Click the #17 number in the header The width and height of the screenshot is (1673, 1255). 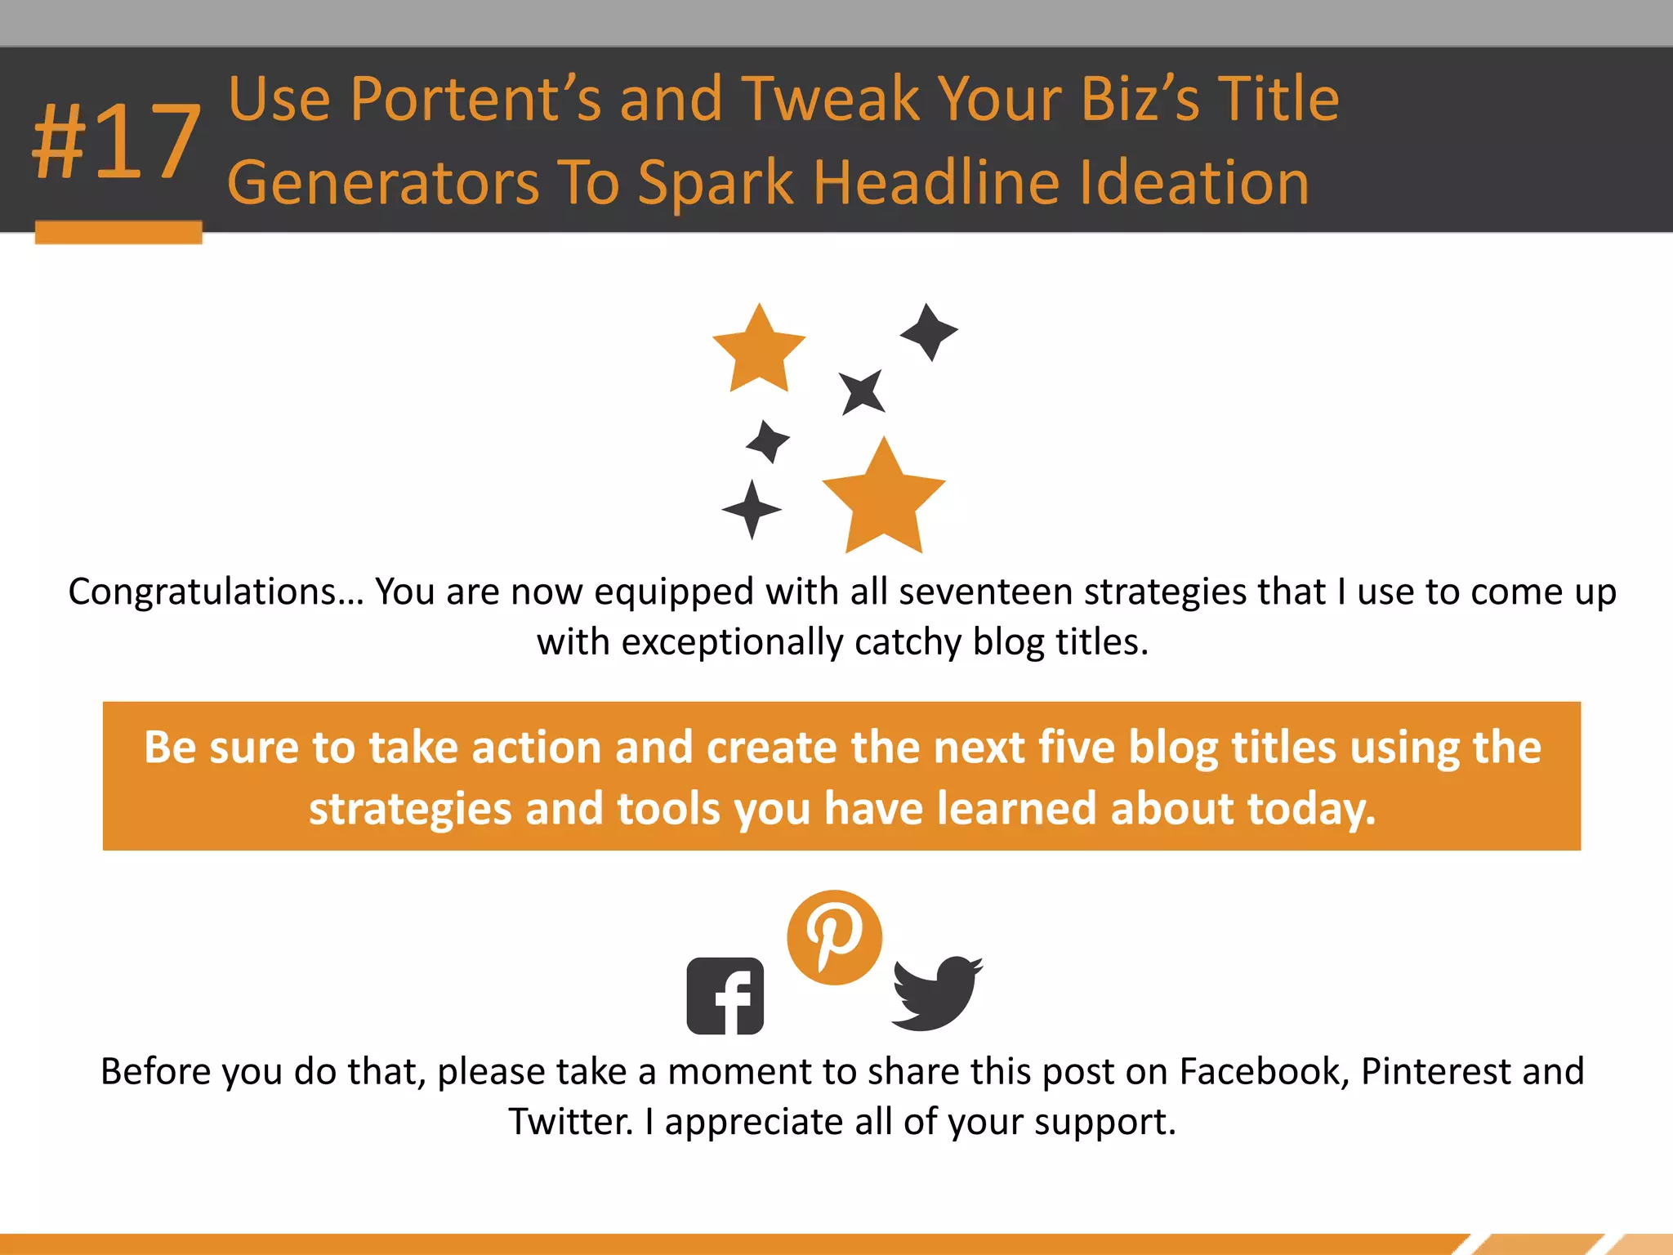click(116, 143)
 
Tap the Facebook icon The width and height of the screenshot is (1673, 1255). click(725, 995)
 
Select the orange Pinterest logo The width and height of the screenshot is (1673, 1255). click(834, 937)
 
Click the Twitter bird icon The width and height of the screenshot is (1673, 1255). click(936, 992)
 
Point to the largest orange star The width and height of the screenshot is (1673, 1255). click(884, 500)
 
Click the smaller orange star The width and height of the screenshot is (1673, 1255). click(759, 349)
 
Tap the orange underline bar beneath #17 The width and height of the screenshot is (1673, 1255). click(118, 232)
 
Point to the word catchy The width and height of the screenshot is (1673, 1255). click(908, 643)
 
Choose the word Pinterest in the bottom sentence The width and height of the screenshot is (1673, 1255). click(1435, 1071)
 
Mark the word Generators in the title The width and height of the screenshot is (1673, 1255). click(383, 182)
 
